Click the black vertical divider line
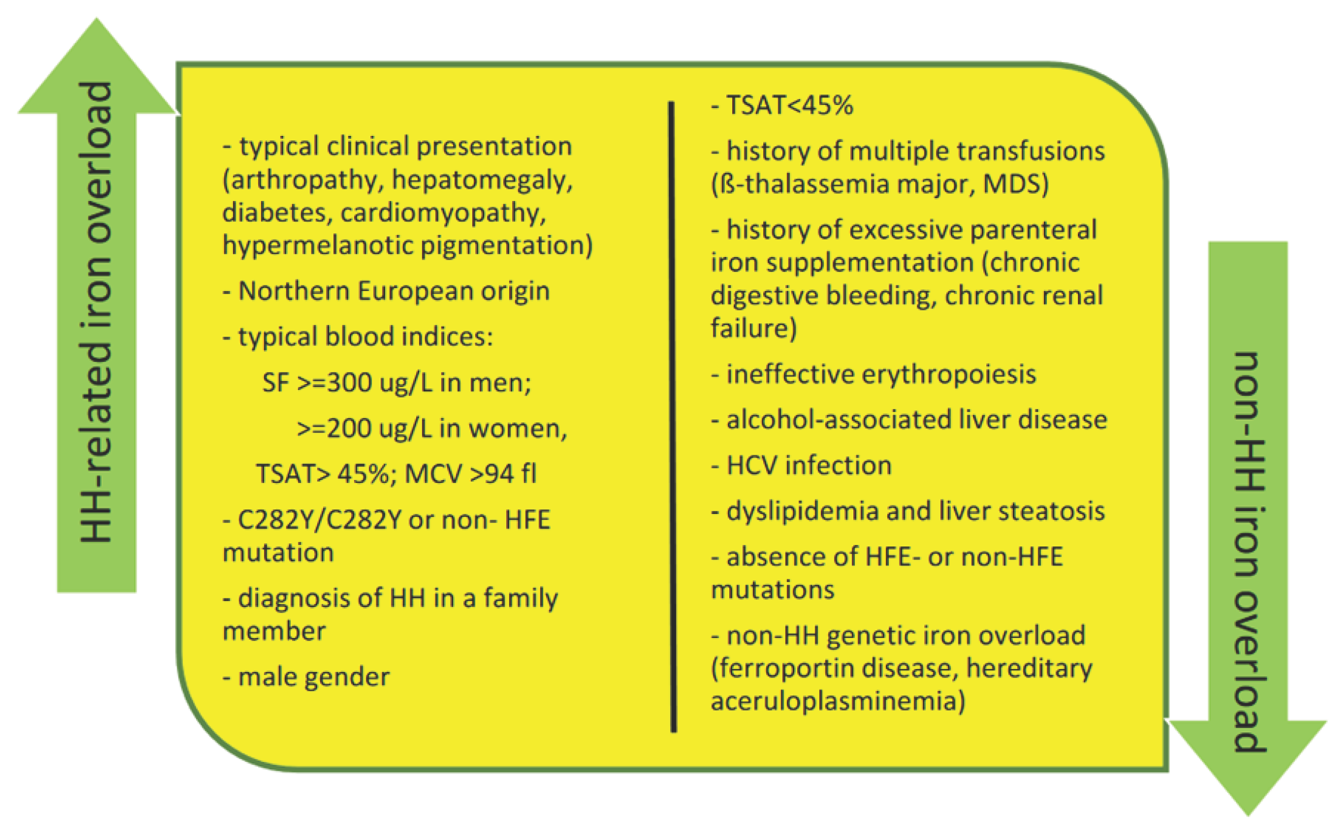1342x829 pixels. tap(672, 416)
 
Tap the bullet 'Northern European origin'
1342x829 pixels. tap(386, 291)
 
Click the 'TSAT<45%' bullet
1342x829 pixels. tap(782, 105)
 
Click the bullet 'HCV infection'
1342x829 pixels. tap(801, 465)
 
